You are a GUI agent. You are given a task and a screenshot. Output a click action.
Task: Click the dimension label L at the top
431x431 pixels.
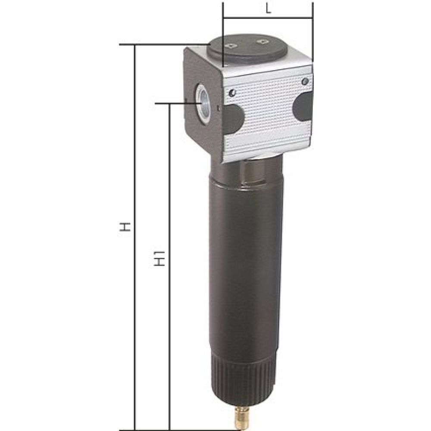pos(268,10)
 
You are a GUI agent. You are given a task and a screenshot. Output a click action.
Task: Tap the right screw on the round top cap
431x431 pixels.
pos(262,41)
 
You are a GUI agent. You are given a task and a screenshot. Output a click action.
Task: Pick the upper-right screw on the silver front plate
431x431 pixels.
pos(305,81)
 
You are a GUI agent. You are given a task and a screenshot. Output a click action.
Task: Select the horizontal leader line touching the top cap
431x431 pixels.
pos(164,44)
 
